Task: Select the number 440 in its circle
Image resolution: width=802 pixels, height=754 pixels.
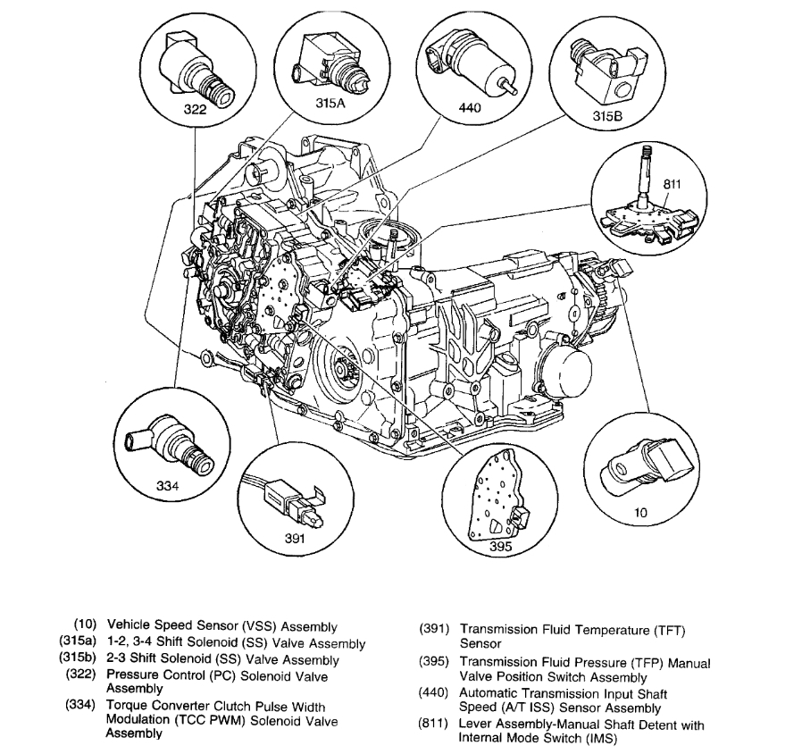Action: tap(469, 108)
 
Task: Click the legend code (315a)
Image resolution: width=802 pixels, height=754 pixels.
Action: tap(83, 643)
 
